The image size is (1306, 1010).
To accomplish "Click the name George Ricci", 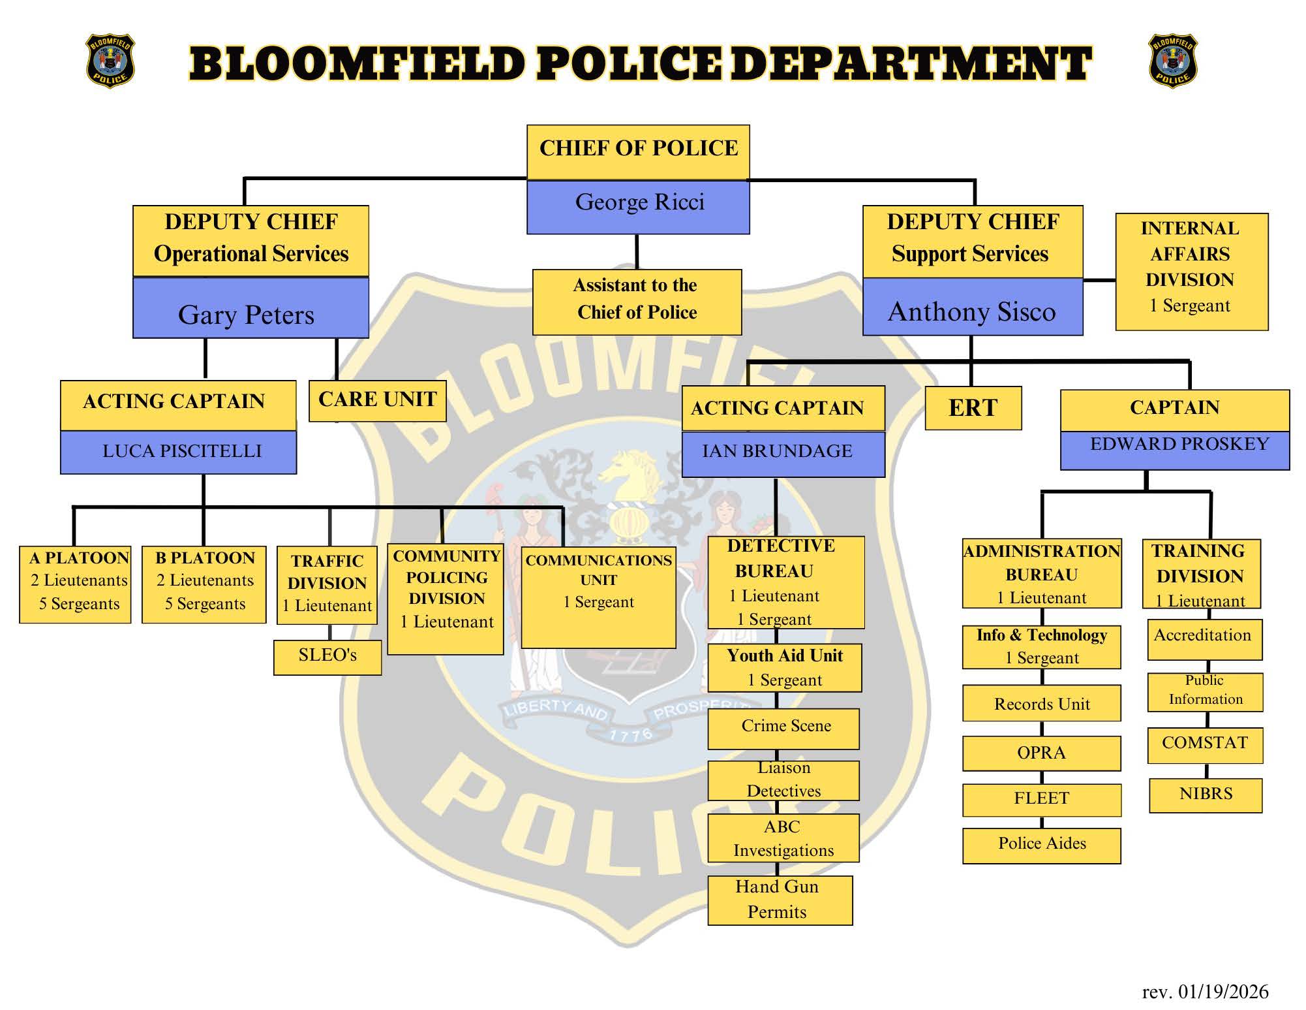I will [639, 203].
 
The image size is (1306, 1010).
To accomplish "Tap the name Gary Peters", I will [247, 315].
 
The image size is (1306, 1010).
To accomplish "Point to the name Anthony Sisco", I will [971, 311].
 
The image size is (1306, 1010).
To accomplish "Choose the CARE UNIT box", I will [377, 400].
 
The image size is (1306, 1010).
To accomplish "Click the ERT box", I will [973, 408].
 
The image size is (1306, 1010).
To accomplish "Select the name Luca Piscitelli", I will [181, 451].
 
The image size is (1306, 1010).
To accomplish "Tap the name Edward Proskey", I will [1179, 445].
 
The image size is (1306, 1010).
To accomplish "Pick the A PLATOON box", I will [76, 584].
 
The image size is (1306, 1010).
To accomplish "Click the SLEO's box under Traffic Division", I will [327, 655].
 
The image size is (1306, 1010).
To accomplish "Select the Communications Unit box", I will [598, 595].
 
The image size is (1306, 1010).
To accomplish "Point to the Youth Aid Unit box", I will [784, 667].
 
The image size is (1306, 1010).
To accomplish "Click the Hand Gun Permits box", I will [780, 900].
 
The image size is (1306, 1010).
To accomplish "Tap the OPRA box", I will [1041, 753].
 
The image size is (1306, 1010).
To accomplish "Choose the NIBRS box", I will [1205, 794].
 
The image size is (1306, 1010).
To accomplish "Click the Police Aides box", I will [1041, 844].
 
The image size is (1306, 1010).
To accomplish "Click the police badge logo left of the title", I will [110, 61].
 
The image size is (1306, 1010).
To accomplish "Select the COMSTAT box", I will [1204, 744].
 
